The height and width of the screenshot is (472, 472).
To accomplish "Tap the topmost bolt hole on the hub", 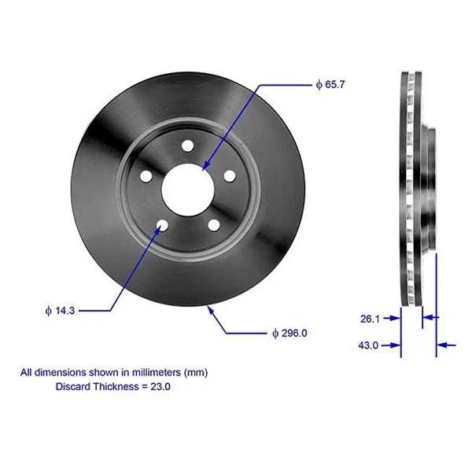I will [187, 146].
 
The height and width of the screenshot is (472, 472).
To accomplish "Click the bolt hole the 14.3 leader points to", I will [162, 226].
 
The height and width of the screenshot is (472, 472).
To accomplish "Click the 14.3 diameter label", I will [60, 312].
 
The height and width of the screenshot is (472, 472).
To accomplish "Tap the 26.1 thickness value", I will [370, 319].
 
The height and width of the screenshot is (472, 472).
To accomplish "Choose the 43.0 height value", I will [369, 345].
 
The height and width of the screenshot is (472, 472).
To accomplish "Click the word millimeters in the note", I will [157, 371].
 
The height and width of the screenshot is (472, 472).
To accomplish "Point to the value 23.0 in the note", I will [160, 386].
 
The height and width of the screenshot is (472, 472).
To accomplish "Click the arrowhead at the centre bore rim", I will [204, 168].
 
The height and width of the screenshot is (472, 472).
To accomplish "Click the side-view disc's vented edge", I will [407, 189].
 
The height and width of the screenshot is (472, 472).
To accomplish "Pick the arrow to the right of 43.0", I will [445, 345].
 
